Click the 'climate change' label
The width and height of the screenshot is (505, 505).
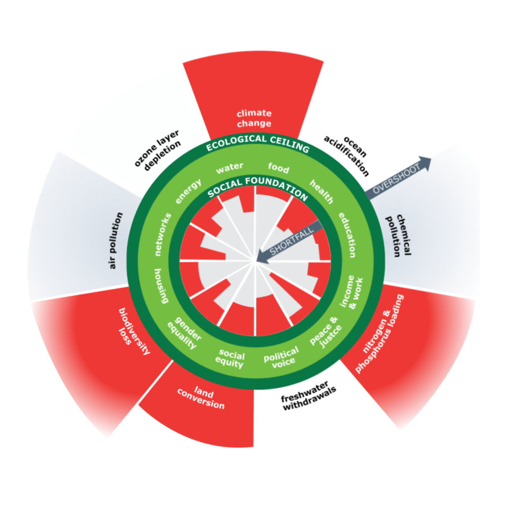tap(254, 118)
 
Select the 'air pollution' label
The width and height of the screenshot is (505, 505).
tap(116, 241)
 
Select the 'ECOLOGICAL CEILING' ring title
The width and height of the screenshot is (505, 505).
tap(258, 142)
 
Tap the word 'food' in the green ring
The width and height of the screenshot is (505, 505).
tap(279, 168)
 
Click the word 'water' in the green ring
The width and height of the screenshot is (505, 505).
tap(230, 168)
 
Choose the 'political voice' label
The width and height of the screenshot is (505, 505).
tap(282, 357)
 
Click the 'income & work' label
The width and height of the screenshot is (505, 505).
tap(351, 292)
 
